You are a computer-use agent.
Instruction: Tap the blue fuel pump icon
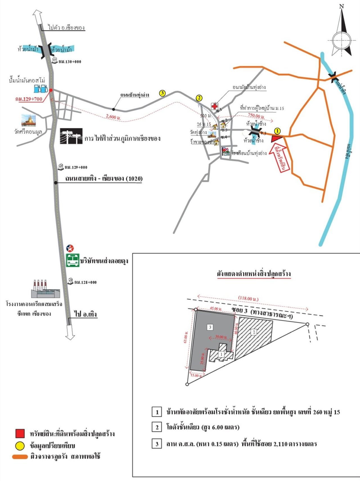pos(41,89)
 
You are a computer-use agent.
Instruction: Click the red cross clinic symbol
pos(215,106)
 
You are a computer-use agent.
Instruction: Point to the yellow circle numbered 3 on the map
pos(162,93)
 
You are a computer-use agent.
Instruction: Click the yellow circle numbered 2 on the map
pos(199,98)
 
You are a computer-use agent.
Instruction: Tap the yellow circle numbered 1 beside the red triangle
pos(277,131)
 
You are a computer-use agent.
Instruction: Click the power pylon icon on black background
pos(71,136)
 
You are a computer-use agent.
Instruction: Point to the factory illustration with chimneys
pos(45,289)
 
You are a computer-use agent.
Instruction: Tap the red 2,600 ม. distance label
pos(113,117)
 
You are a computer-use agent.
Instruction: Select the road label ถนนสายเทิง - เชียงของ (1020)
pos(104,178)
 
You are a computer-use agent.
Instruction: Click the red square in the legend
pos(20,433)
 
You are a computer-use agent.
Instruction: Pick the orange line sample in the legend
pos(20,457)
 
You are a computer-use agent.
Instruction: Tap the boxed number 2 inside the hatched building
pos(254,332)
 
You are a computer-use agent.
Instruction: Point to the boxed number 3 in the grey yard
pos(210,327)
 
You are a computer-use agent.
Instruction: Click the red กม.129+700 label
pos(29,99)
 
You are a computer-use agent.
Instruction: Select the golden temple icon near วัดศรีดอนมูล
pos(28,120)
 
